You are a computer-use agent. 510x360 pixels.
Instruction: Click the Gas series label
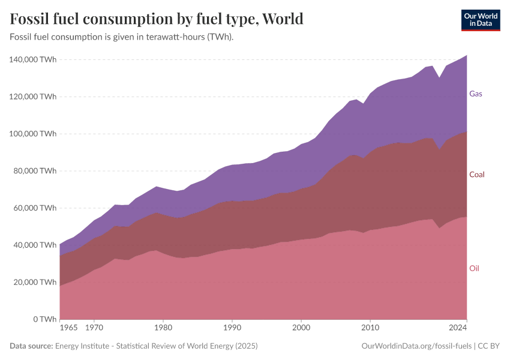click(x=475, y=94)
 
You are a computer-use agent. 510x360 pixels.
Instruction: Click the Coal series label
click(x=476, y=175)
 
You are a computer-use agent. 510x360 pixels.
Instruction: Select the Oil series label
click(x=474, y=268)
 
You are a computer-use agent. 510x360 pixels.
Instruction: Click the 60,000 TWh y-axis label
click(x=35, y=208)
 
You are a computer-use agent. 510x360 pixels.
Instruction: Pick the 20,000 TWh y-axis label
click(x=35, y=282)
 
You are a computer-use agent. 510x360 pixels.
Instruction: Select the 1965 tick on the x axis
click(x=68, y=329)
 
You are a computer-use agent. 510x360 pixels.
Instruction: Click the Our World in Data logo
click(x=480, y=20)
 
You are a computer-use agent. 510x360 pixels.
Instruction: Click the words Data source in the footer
click(x=31, y=346)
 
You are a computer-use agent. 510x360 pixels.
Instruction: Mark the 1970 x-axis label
click(x=94, y=329)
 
